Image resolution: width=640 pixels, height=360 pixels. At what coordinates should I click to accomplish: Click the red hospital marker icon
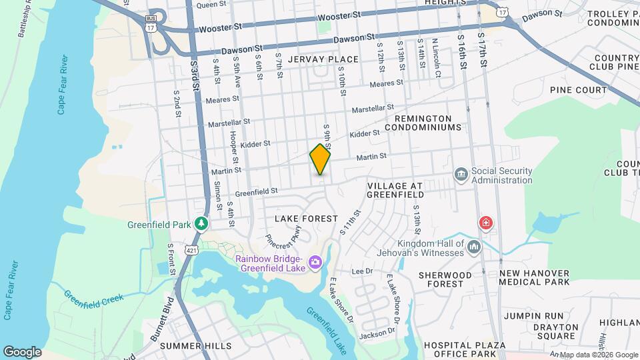pos(487,223)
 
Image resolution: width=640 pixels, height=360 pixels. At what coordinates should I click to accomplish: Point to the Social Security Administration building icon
pos(461,175)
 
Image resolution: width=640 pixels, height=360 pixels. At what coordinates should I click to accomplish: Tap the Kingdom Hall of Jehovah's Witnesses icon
pos(474,247)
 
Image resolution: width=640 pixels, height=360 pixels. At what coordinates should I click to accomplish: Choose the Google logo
pos(22,351)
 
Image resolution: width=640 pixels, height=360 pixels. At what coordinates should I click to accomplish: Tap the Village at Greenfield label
pos(395,190)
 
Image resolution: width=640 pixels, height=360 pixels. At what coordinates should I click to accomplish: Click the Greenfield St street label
pos(256,192)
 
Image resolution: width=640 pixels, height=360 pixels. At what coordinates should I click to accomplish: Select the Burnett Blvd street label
pos(161,325)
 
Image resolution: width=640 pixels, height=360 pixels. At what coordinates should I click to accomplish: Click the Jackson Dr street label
pos(378,331)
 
